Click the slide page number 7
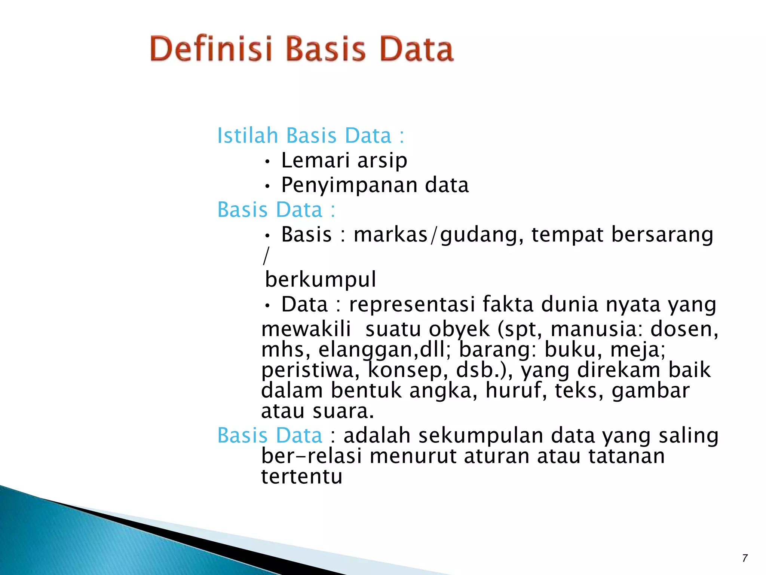coord(745,558)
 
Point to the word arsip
coord(382,161)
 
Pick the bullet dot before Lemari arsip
coord(267,162)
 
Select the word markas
coord(390,235)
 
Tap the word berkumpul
coord(320,279)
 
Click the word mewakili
coord(306,329)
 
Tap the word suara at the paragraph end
coord(343,411)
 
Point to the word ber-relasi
coord(312,456)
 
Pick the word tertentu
coord(301,477)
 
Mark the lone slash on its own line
coord(266,256)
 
